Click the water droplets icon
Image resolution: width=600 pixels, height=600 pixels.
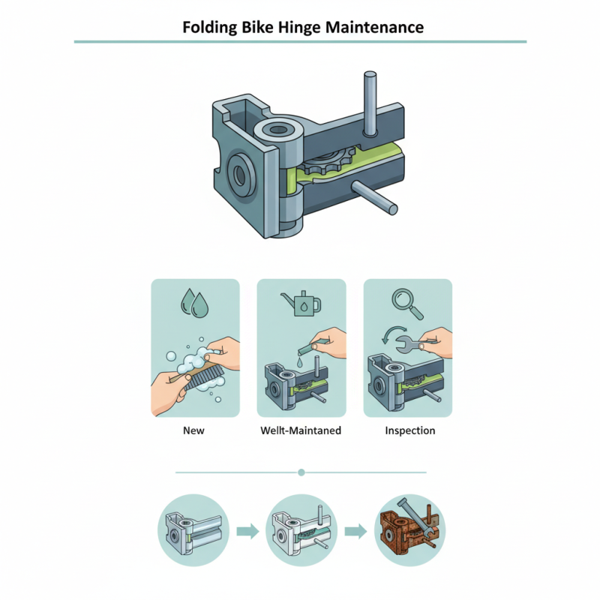click(195, 302)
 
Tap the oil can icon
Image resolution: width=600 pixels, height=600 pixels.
click(301, 304)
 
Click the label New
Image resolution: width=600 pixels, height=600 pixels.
click(193, 430)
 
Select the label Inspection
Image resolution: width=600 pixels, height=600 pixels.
click(409, 430)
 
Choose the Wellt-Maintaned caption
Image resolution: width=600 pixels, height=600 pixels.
click(300, 430)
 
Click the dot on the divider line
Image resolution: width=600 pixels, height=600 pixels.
click(301, 472)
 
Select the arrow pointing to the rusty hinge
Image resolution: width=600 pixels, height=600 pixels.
click(355, 531)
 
